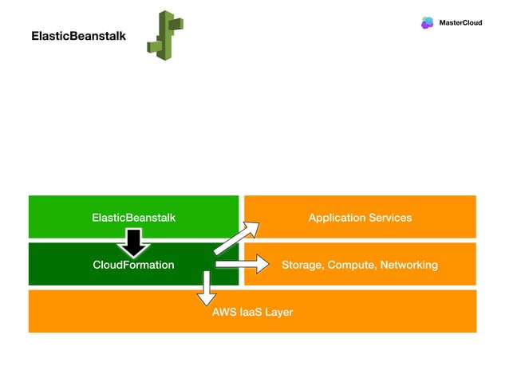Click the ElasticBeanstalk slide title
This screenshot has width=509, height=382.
point(78,37)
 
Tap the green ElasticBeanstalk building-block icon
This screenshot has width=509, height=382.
point(165,37)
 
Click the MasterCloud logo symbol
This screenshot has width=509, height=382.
point(427,22)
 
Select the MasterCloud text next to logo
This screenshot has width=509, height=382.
point(460,22)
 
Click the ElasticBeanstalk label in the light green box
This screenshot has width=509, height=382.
point(133,217)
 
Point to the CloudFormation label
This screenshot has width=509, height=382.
point(133,265)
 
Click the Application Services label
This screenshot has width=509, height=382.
point(360,217)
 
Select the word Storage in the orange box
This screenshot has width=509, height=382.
point(302,265)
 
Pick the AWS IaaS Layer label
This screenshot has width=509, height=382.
point(252,312)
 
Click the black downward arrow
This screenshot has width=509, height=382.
point(133,242)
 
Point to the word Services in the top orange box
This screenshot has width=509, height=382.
point(389,217)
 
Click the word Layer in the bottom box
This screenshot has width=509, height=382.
point(278,312)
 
